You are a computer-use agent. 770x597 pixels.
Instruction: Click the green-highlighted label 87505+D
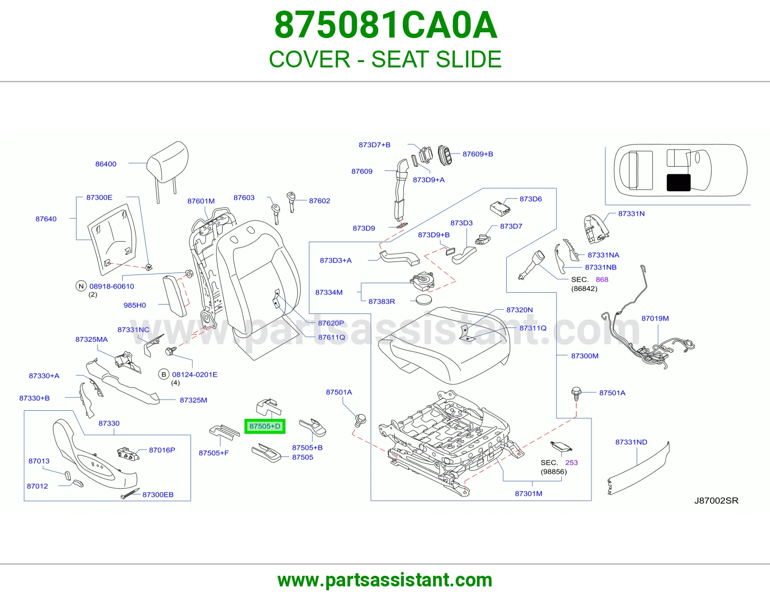265,426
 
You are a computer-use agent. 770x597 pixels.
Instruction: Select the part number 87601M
201,201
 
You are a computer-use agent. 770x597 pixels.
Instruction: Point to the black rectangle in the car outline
679,182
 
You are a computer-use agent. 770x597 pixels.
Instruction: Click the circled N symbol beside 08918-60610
81,286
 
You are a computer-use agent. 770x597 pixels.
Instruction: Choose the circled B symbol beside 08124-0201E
164,375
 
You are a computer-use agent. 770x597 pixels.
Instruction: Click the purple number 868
602,279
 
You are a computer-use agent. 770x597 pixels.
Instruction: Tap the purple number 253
572,462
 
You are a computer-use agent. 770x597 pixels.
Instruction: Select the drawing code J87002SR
716,501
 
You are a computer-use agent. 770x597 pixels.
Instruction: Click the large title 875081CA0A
385,25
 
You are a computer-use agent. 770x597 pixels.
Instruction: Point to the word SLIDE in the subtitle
468,59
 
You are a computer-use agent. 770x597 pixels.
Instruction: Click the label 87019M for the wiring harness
655,318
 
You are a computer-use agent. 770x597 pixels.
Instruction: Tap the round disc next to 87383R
424,300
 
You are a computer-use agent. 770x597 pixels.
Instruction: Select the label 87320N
519,310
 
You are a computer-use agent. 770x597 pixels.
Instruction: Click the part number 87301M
528,493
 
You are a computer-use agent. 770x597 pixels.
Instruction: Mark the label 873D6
530,199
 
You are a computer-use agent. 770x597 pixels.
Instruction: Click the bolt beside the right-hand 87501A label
576,394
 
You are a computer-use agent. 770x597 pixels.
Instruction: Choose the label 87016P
162,450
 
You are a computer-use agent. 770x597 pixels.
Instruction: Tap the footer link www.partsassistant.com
385,580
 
